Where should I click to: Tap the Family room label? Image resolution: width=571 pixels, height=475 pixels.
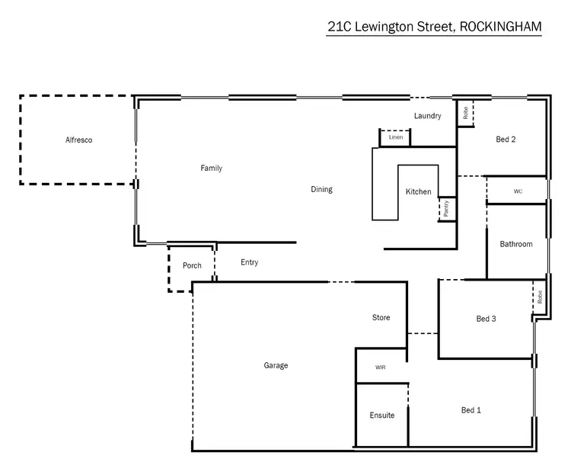point(211,168)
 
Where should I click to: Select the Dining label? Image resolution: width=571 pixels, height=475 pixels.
point(321,189)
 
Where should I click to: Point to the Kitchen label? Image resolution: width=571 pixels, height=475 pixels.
point(418,191)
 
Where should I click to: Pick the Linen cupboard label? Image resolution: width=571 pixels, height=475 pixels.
point(395,137)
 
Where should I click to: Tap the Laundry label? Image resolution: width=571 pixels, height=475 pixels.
point(427,116)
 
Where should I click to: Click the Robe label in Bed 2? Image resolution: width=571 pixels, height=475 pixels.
point(465,114)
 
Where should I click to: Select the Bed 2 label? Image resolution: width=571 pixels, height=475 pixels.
point(506,139)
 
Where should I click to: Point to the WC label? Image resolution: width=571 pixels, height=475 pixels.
point(518,191)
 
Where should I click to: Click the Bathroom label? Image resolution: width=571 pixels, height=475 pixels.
point(516,244)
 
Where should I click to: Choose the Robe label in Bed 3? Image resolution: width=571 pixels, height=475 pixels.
point(539,297)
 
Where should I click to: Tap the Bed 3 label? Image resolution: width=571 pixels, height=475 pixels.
point(486,319)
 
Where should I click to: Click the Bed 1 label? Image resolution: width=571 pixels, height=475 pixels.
point(471,410)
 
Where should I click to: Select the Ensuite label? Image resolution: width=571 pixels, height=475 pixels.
point(382,416)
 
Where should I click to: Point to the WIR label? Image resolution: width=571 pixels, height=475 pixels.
point(381,367)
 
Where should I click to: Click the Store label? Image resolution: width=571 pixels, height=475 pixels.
point(381,317)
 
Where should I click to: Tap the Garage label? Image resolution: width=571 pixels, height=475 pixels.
point(276,365)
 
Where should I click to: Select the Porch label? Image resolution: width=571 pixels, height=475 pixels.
point(193,265)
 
